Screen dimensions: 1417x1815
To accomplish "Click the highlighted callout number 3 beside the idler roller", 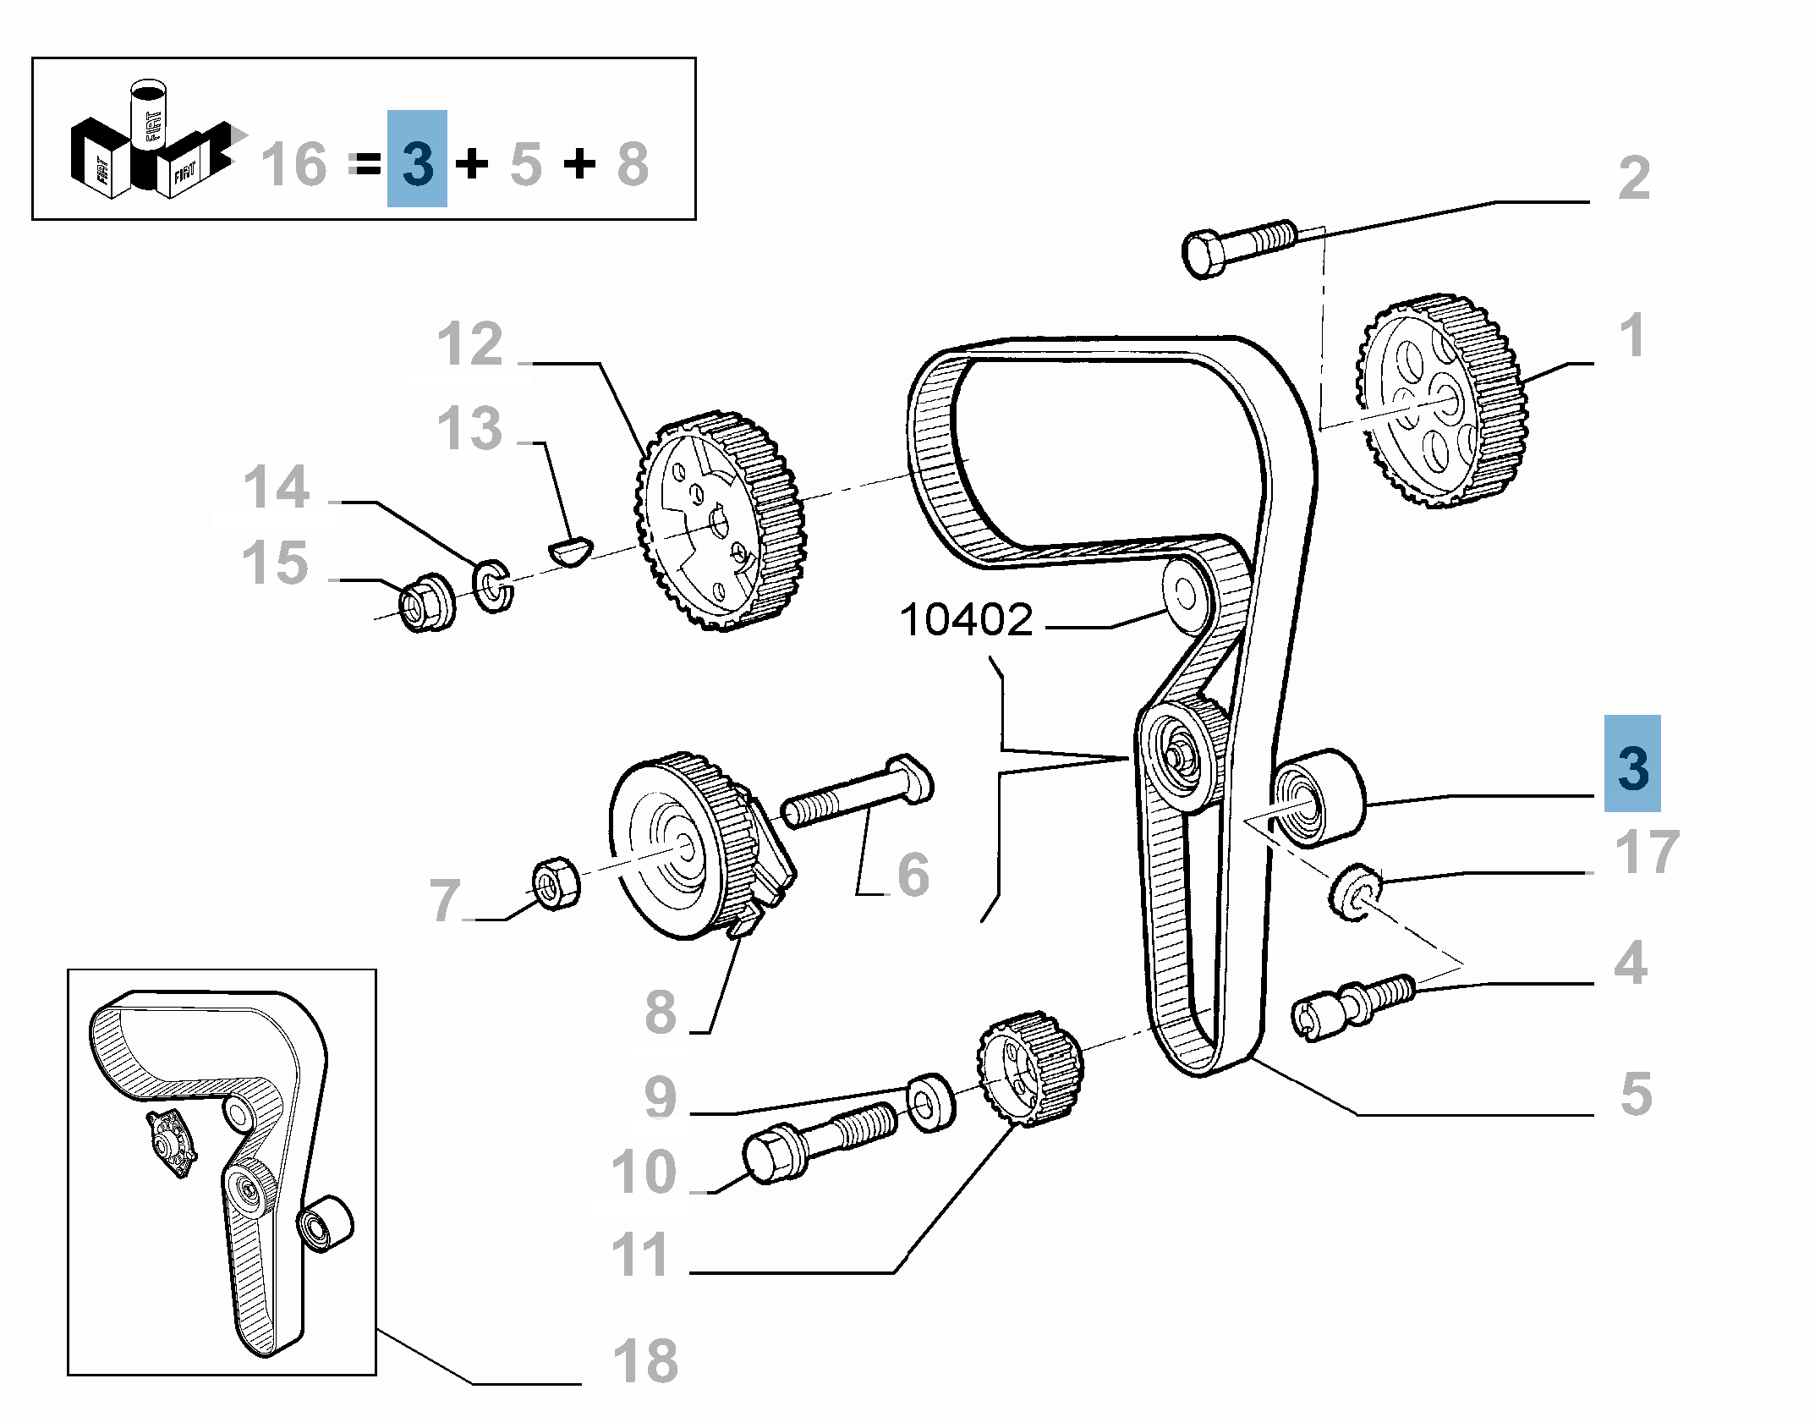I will pyautogui.click(x=1631, y=765).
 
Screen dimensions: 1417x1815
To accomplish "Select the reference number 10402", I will pyautogui.click(x=966, y=620).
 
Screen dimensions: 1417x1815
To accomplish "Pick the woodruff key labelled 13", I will pyautogui.click(x=571, y=551).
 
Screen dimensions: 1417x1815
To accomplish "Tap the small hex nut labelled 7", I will pyautogui.click(x=556, y=883).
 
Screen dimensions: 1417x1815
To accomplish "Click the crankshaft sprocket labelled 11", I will pyautogui.click(x=1029, y=1068).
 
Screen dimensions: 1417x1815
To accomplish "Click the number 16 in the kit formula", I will pyautogui.click(x=293, y=164).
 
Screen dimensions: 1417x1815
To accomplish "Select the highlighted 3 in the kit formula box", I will pyautogui.click(x=417, y=161).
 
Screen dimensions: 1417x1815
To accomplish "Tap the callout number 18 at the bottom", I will pyautogui.click(x=644, y=1361).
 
